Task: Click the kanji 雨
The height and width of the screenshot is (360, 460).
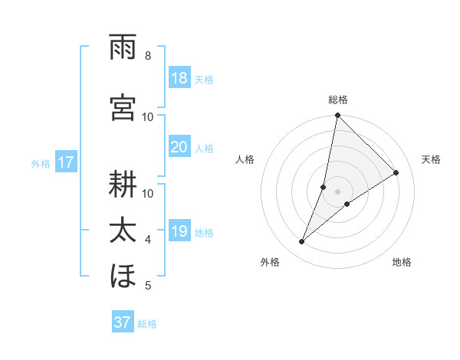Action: pos(123,48)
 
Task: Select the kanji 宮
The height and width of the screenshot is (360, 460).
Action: pos(123,106)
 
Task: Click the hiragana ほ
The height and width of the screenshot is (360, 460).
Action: pos(123,276)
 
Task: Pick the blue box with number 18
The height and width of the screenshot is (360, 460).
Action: pos(179,78)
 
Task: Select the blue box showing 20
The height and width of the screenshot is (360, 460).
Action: pos(179,147)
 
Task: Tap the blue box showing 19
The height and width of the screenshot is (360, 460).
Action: pos(179,231)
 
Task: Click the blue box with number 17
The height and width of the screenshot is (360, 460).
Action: pos(65,162)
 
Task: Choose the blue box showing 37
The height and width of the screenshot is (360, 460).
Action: pos(122,322)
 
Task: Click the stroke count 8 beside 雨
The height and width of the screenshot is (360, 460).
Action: pos(148,56)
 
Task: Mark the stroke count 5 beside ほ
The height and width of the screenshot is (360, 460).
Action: pos(148,286)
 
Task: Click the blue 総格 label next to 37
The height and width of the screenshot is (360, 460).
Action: pos(147,324)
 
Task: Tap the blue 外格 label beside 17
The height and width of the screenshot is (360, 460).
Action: pos(41,163)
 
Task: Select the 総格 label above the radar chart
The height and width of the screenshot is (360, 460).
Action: pos(337,100)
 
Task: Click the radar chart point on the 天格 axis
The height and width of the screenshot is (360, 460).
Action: pos(396,173)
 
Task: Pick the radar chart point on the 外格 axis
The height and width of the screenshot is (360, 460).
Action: pos(302,242)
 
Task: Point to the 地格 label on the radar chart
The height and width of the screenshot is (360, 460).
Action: pos(402,262)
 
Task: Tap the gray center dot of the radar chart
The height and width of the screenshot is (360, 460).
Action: pos(337,191)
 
